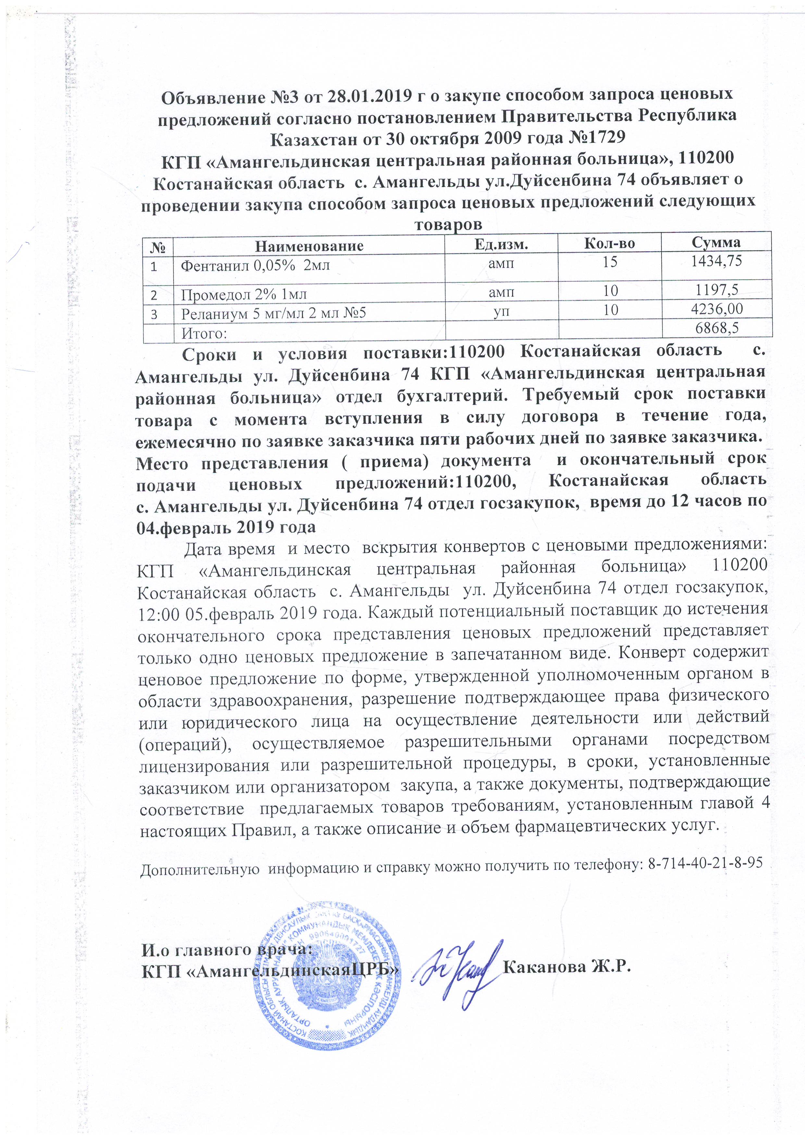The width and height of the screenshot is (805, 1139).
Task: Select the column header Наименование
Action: point(309,245)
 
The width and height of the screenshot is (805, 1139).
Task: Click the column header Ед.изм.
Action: point(501,244)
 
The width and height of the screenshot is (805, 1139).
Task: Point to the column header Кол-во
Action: point(610,243)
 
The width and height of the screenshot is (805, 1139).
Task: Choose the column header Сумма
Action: point(716,242)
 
